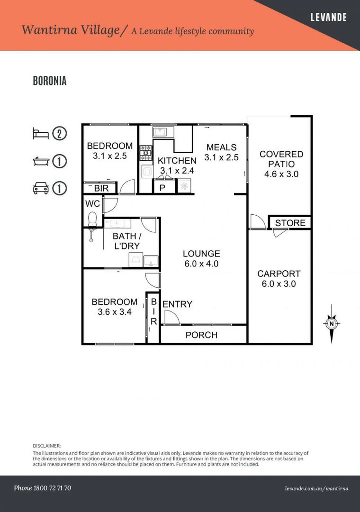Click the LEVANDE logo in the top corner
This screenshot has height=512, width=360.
coord(328,17)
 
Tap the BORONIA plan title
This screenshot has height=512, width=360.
coord(50,81)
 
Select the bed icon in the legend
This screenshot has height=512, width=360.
coord(41,134)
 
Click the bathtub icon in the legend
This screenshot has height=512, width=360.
coord(41,161)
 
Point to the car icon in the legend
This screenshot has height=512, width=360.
coord(41,188)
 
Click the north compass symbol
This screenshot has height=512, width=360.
coord(332,324)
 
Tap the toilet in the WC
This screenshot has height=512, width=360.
coord(92,219)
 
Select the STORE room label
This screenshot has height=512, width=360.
coord(290,223)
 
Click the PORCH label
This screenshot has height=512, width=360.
coord(201,335)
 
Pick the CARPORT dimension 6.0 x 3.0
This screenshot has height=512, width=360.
coord(279,284)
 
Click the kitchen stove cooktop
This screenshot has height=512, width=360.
coord(146,153)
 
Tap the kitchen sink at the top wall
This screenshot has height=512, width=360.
coord(160,132)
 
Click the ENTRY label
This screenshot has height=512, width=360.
coord(177,304)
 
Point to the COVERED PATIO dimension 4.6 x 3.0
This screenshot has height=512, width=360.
coord(281,174)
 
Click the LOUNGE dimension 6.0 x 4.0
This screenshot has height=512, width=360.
coord(201,264)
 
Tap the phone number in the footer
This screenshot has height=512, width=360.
coord(43,488)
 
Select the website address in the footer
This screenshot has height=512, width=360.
coord(316,488)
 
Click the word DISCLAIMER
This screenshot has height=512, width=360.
coord(47,446)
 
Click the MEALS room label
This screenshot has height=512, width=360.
coord(221,147)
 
